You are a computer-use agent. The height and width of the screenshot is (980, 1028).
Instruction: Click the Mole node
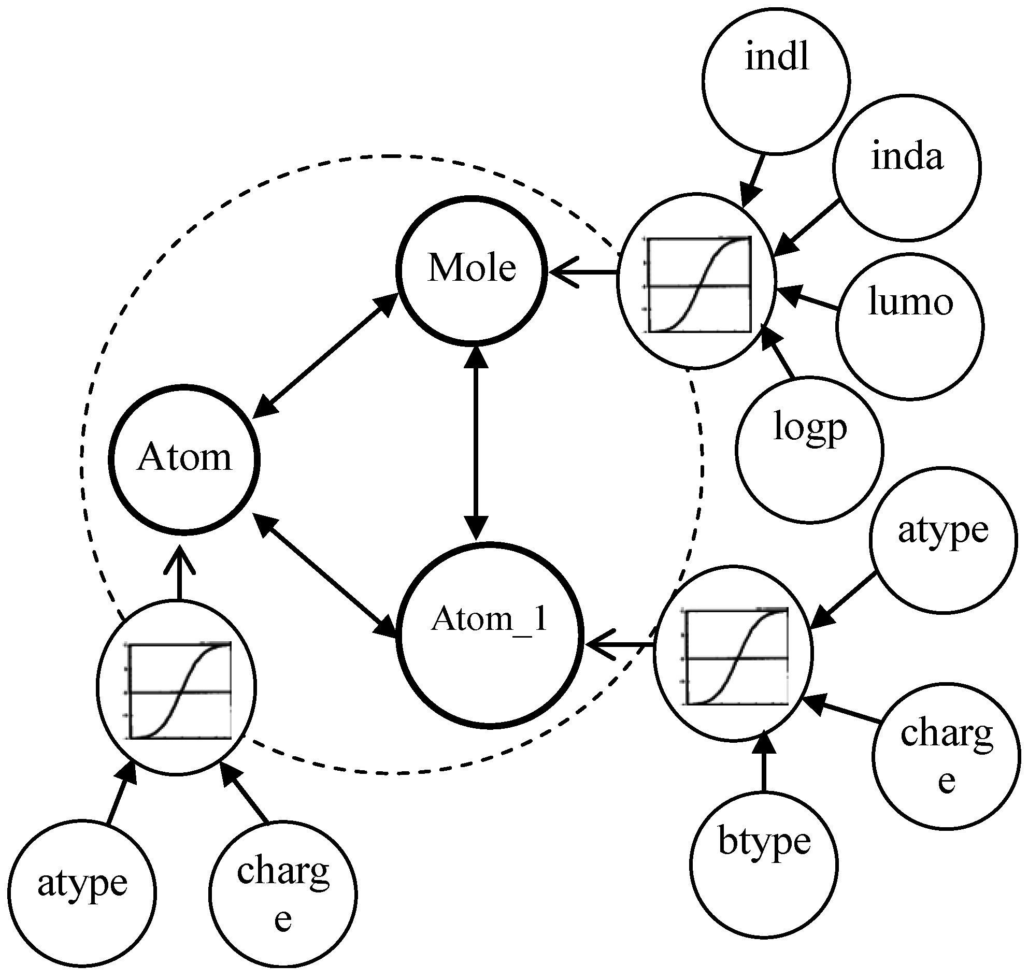pos(472,270)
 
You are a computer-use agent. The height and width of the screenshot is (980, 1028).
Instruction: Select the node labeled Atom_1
pos(490,635)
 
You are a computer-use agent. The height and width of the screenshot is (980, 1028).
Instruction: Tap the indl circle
pos(776,80)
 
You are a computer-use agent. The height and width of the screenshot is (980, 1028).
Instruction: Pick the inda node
pos(906,167)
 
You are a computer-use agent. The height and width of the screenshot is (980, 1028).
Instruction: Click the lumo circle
pos(909,326)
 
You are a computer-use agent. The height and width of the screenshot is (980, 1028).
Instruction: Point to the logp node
pos(809,449)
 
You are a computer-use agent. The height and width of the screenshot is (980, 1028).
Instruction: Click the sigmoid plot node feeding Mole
pos(696,281)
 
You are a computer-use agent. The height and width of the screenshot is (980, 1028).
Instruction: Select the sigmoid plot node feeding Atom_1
pos(733,653)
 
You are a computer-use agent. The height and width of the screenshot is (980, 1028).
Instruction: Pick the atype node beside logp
pos(943,540)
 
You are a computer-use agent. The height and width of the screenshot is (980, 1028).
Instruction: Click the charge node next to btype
pos(946,755)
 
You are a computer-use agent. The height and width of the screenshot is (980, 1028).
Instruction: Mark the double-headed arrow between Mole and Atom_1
pos(476,442)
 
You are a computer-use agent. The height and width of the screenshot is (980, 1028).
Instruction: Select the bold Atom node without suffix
pos(184,460)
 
